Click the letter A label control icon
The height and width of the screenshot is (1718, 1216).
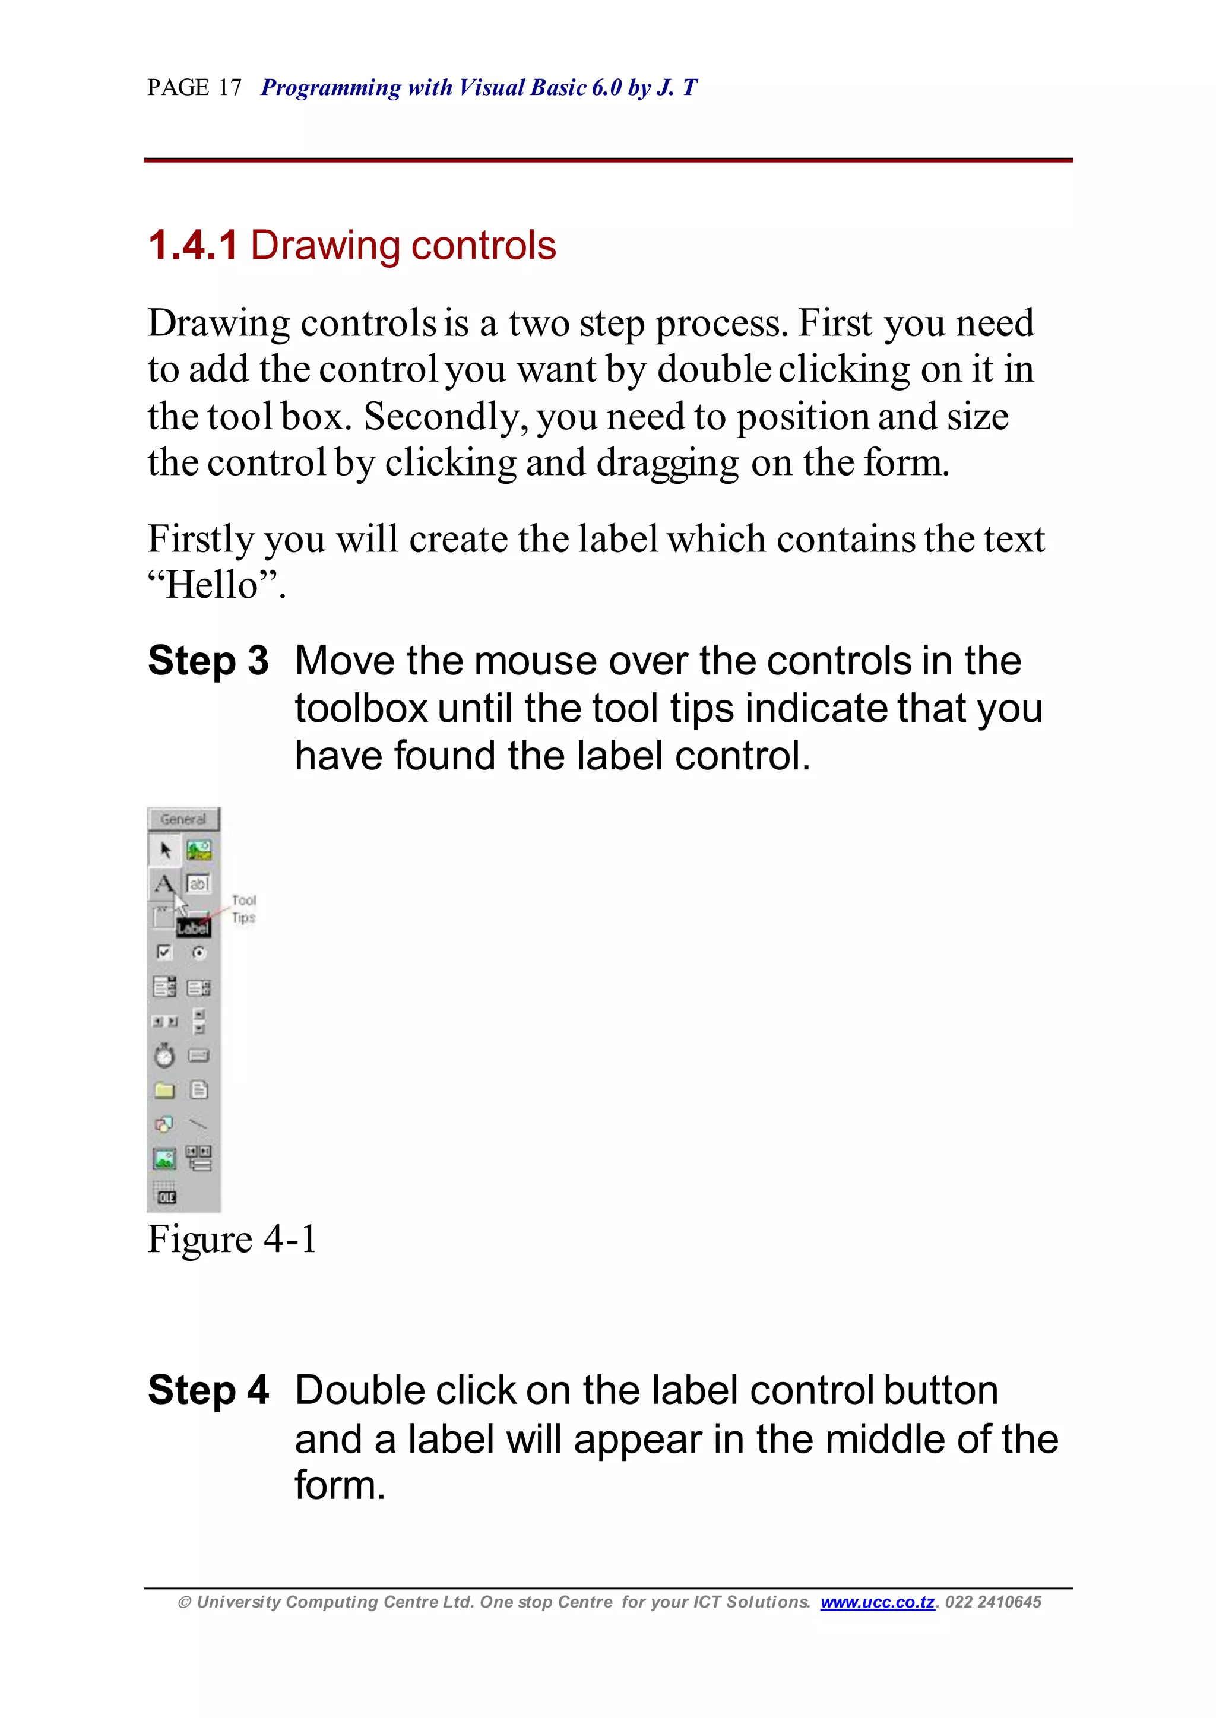pyautogui.click(x=163, y=884)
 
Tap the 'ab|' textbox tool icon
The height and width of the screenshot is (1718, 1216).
pyautogui.click(x=198, y=884)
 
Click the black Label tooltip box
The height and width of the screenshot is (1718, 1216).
pyautogui.click(x=193, y=929)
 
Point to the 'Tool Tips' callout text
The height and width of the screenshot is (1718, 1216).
pyautogui.click(x=244, y=909)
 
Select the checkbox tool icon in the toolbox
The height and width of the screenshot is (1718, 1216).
pyautogui.click(x=164, y=952)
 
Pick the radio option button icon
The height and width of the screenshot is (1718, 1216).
pyautogui.click(x=199, y=953)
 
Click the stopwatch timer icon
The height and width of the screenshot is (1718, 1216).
pyautogui.click(x=164, y=1055)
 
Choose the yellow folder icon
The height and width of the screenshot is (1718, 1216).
pyautogui.click(x=164, y=1091)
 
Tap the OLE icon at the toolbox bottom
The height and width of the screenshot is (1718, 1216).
pyautogui.click(x=166, y=1196)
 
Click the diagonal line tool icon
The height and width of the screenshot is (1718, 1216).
pyautogui.click(x=198, y=1124)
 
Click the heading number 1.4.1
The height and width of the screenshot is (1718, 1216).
pyautogui.click(x=193, y=246)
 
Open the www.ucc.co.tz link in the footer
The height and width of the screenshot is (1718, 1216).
pyautogui.click(x=878, y=1603)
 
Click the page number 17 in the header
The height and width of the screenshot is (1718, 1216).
pyautogui.click(x=230, y=88)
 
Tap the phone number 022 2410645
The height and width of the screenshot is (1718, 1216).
pyautogui.click(x=993, y=1603)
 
